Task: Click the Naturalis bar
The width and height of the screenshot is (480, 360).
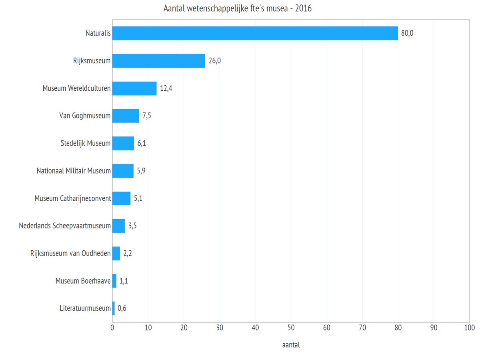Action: click(255, 33)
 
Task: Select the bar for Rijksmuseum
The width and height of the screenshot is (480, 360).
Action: click(158, 61)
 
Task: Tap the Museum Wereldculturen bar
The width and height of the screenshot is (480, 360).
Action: click(134, 88)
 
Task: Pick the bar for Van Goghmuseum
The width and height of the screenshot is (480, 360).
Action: click(126, 116)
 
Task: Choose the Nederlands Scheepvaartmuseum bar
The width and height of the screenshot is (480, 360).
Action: click(118, 226)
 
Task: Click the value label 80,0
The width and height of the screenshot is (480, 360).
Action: click(407, 33)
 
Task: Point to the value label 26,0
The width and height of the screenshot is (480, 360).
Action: click(214, 61)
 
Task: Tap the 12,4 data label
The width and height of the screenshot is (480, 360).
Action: click(166, 88)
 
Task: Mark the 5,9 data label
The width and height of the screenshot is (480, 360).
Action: click(142, 171)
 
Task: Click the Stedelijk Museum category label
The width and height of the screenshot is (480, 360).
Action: click(83, 143)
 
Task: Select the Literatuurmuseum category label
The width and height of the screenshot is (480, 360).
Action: click(85, 308)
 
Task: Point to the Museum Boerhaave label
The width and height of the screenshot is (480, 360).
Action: click(83, 281)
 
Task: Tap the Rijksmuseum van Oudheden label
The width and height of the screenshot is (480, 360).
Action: click(70, 253)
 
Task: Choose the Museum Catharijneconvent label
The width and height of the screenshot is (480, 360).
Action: click(72, 198)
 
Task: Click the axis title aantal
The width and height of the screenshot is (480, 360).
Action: click(291, 345)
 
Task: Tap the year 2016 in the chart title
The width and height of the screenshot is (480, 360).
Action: click(303, 9)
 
